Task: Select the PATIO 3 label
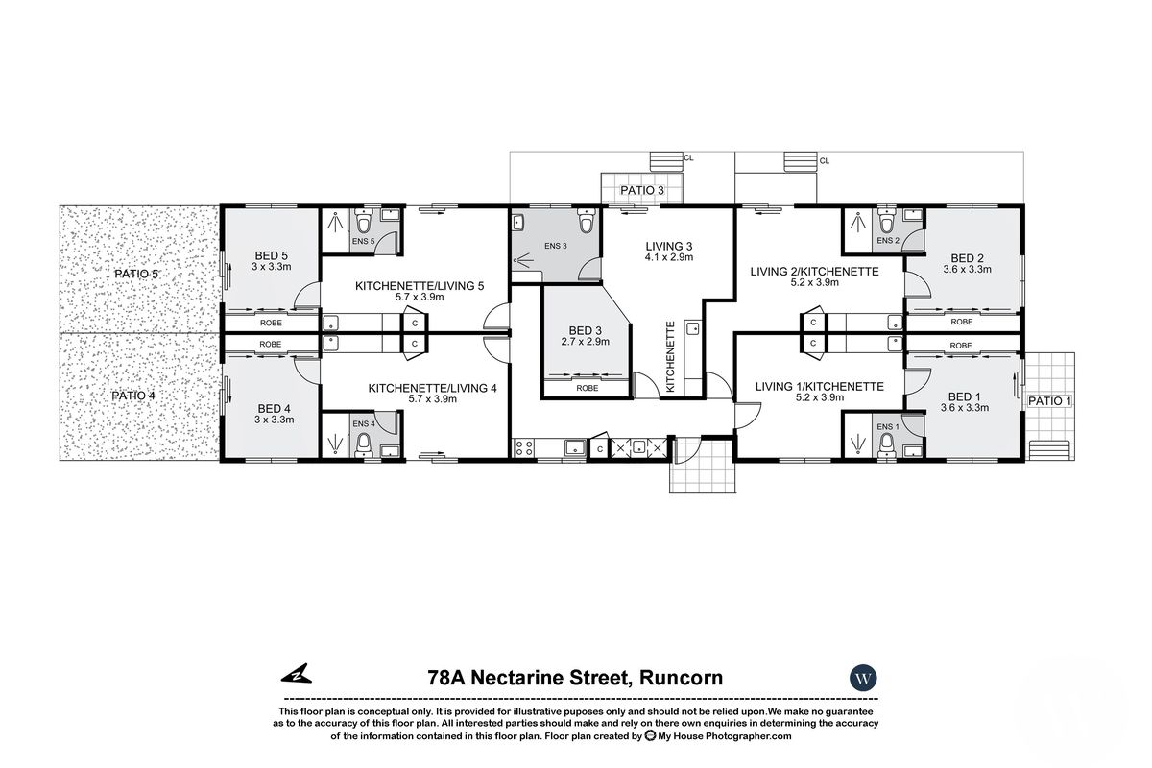pos(642,191)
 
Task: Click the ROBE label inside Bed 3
pos(587,388)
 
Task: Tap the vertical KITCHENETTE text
pos(672,356)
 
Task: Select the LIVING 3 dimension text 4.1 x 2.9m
pos(669,258)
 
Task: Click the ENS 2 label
pos(888,240)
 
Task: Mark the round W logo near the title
pos(864,678)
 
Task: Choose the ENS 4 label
pos(364,423)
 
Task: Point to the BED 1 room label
pos(965,396)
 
